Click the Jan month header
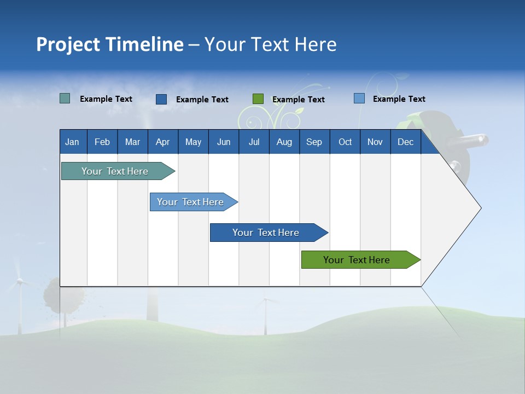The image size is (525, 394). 72,142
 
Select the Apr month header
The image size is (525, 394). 162,142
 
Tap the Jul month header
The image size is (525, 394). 254,142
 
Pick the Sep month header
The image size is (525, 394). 314,142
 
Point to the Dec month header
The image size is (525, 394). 405,142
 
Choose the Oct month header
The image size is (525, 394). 345,142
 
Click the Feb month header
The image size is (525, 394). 102,142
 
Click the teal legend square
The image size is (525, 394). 65,99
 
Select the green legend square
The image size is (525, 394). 258,99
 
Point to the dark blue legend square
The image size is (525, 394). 161,99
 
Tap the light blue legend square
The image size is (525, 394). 359,99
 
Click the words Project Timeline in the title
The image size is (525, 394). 110,44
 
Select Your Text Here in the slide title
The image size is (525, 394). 270,44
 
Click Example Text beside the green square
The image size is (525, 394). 298,100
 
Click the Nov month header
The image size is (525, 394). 375,142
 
